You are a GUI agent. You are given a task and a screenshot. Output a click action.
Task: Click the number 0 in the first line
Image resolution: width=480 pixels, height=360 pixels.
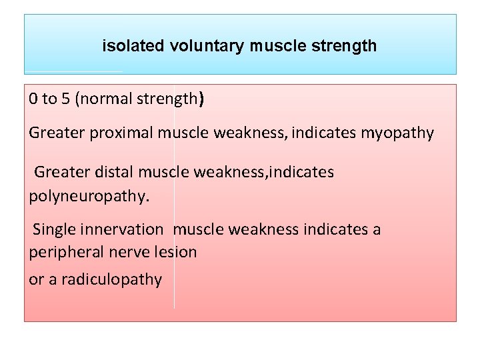[33, 99]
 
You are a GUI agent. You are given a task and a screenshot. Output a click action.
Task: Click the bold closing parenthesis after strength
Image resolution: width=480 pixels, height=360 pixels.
[202, 100]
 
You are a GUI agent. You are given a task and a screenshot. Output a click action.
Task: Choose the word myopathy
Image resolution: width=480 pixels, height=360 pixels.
[397, 133]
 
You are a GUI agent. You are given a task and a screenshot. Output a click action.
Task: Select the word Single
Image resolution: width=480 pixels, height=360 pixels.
[53, 230]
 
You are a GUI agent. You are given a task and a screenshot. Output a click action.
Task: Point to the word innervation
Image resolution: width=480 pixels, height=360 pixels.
[121, 230]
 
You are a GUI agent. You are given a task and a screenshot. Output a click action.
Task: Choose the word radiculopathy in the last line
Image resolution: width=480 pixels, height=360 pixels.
[111, 279]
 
